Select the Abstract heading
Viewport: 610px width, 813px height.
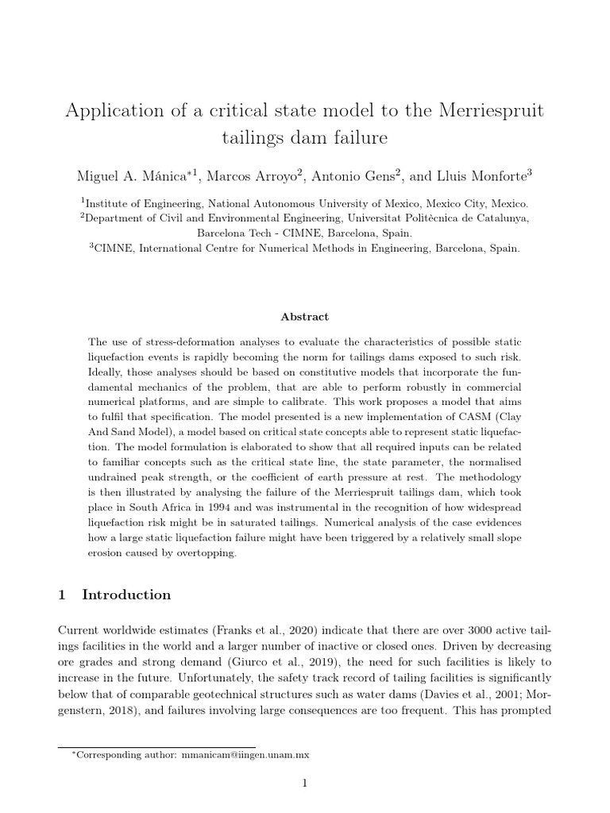[304, 317]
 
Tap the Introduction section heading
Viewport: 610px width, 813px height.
[126, 595]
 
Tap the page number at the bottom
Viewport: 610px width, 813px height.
[304, 784]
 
